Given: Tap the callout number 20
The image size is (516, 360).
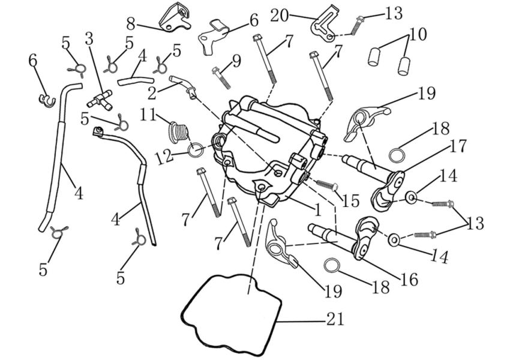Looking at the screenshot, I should click(280, 15).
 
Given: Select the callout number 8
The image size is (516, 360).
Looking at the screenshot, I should click(131, 24).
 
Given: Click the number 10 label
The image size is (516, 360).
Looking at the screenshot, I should click(418, 34).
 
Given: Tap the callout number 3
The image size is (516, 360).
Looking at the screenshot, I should click(89, 40).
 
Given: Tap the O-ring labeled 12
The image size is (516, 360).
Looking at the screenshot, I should click(196, 149).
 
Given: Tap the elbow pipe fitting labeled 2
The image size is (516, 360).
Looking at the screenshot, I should click(182, 85).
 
